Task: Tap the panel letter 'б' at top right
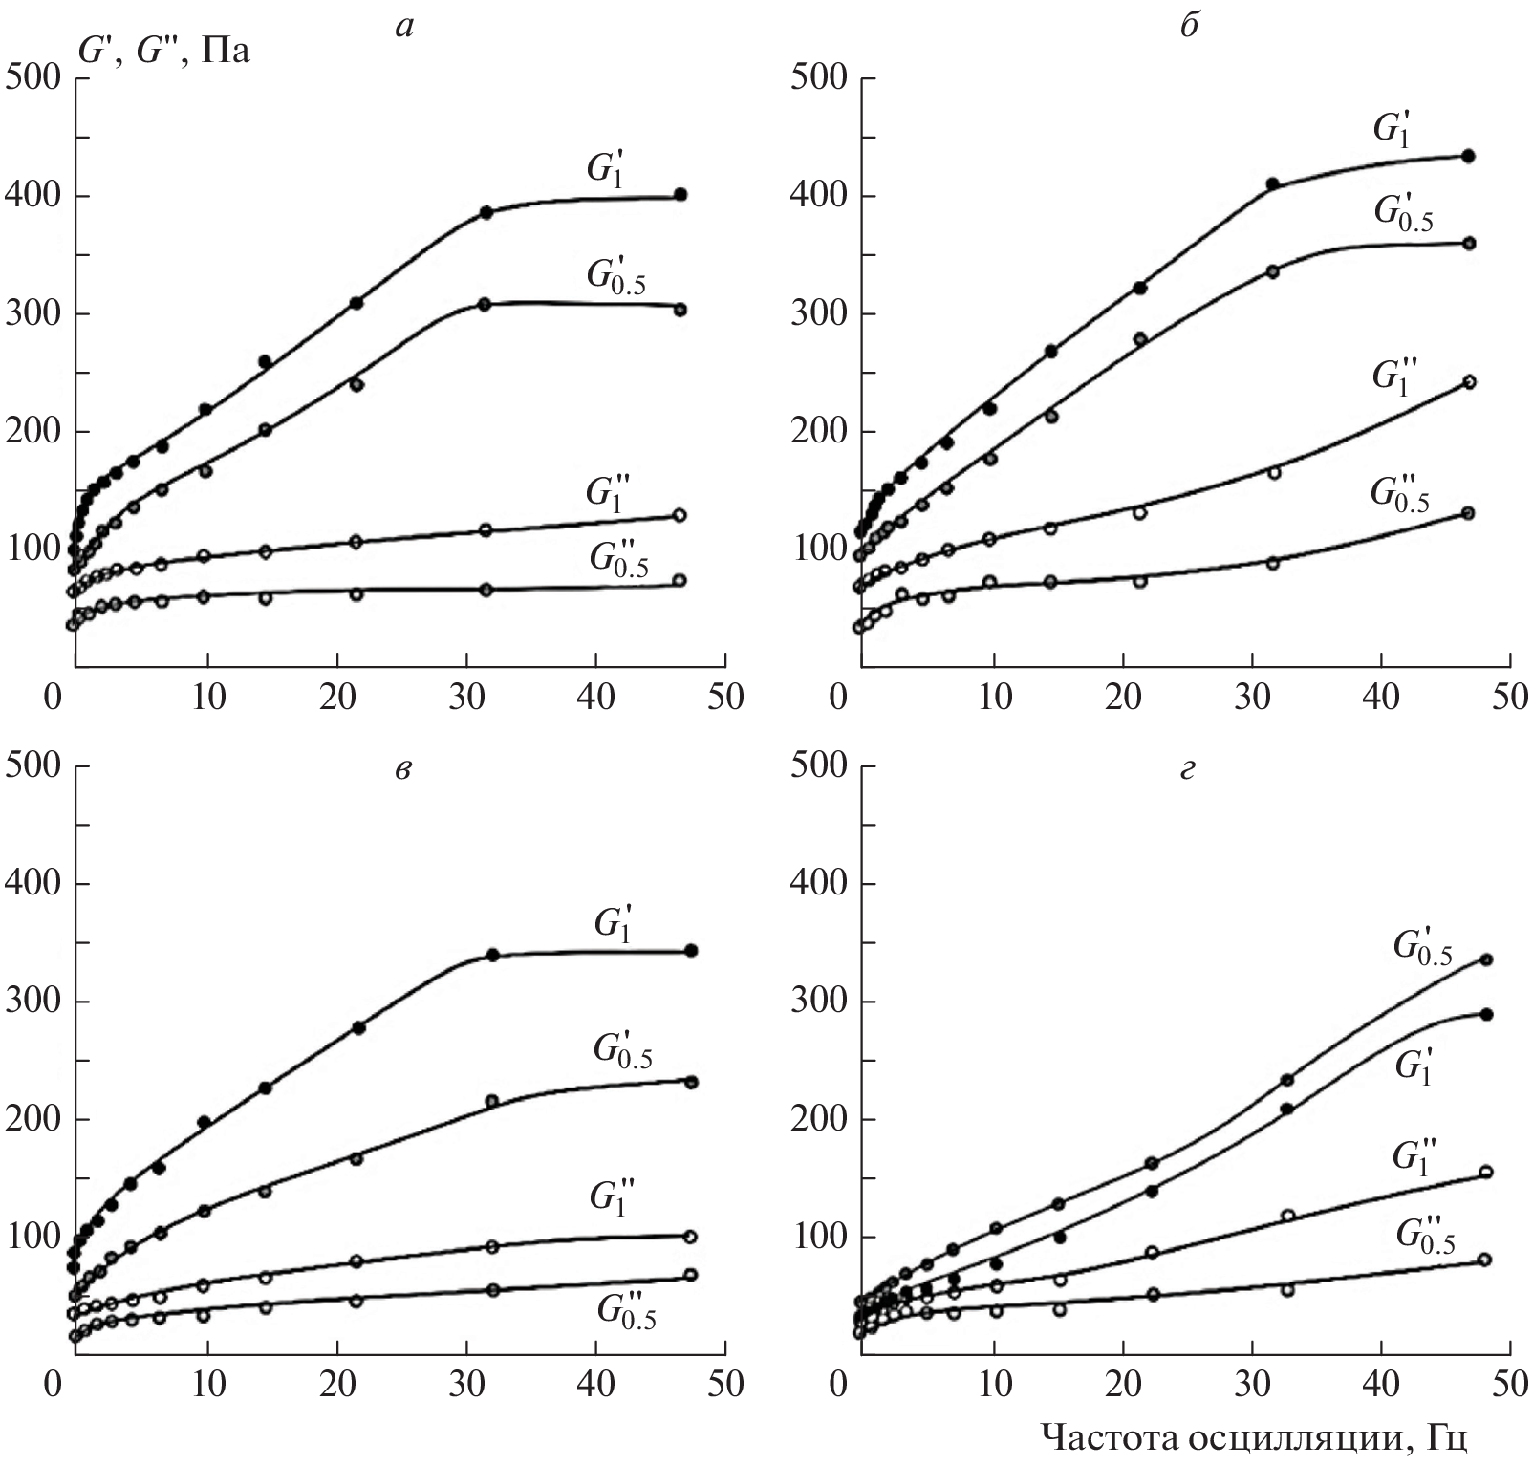tap(1188, 28)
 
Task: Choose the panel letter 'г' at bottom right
tap(1188, 770)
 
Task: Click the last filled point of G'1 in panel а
tap(680, 195)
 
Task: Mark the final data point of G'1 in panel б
tap(1469, 157)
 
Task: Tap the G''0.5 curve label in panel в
tap(626, 1311)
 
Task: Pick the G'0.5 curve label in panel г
tap(1423, 947)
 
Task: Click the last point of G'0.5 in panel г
tap(1486, 959)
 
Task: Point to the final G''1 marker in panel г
tap(1486, 1173)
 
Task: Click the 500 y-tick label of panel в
tap(34, 765)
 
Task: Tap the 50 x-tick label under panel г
tap(1510, 1385)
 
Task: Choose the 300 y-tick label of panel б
tap(819, 314)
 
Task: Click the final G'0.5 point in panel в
tap(692, 1082)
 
